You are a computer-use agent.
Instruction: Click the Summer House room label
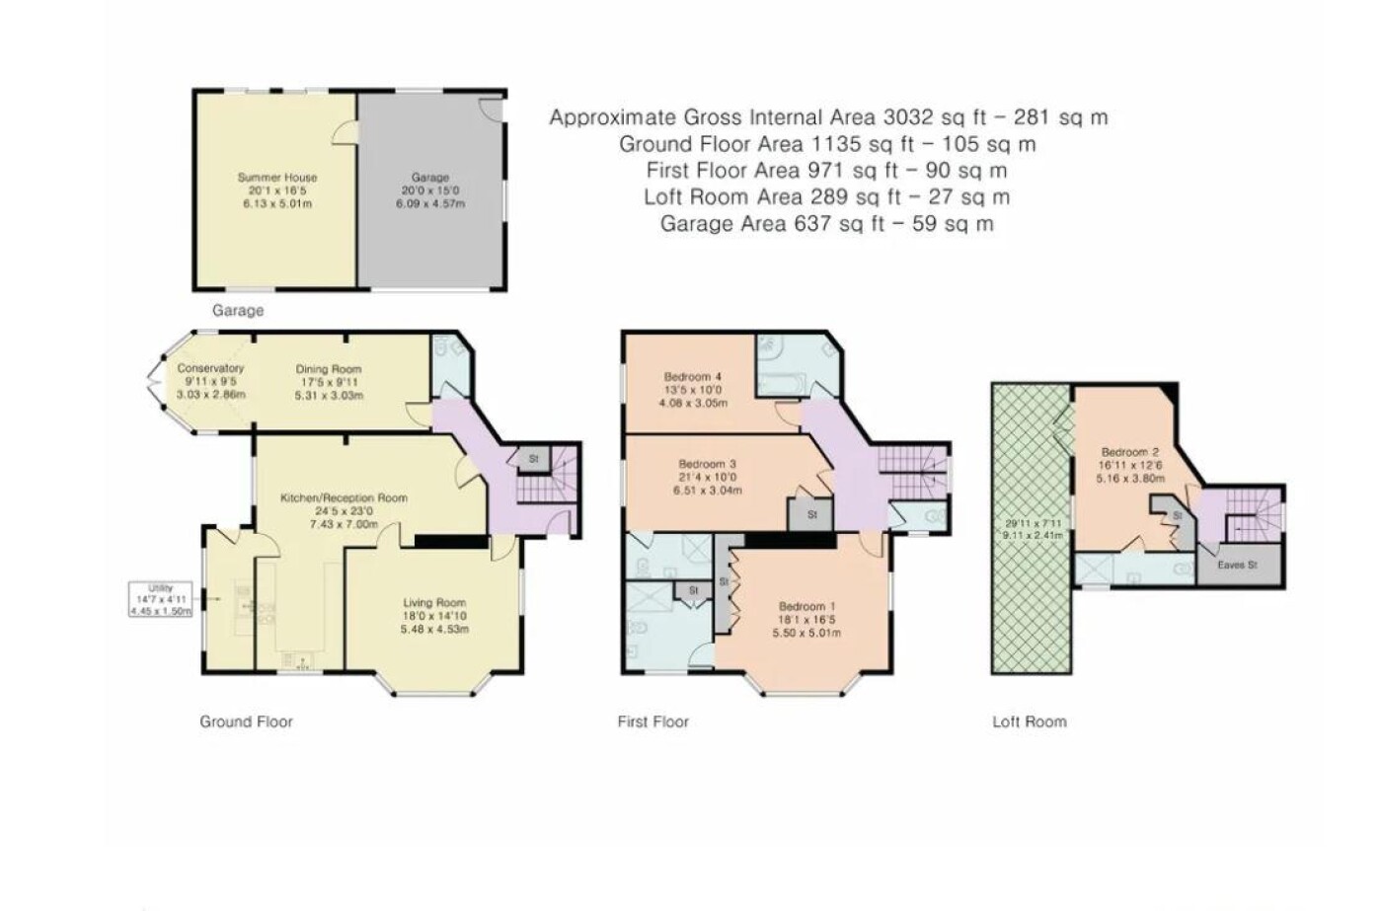coord(277,178)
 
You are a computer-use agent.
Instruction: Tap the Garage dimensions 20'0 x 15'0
coord(430,190)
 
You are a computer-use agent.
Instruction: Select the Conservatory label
coord(210,368)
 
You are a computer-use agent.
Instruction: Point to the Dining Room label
coord(328,369)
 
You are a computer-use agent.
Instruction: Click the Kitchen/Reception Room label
coord(344,497)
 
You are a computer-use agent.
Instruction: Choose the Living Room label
coord(434,603)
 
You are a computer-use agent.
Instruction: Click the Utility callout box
coord(160,599)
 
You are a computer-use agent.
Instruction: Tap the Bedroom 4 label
coord(693,376)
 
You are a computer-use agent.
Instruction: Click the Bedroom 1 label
coord(806,606)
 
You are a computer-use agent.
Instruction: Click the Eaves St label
coord(1238,565)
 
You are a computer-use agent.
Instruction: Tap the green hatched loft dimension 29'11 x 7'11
coord(1031,524)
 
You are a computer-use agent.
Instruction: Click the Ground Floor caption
coord(246,721)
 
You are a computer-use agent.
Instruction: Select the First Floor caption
coord(653,721)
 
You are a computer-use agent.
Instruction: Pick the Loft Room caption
coord(1029,721)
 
